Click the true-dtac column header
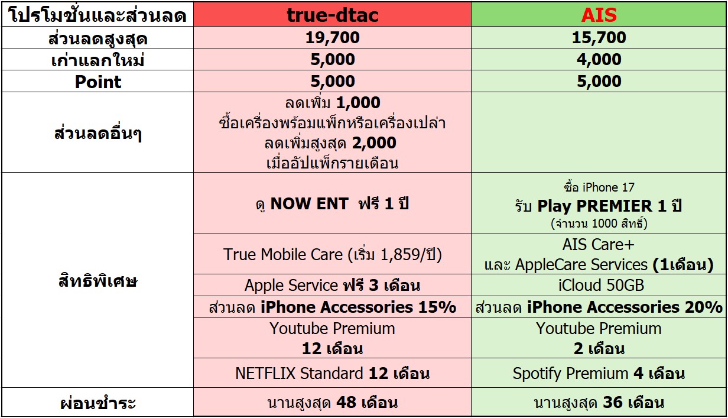(332, 15)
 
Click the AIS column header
(599, 15)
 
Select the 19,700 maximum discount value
(333, 37)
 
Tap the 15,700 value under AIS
(599, 37)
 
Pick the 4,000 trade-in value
(599, 59)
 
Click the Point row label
(98, 82)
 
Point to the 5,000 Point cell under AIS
(599, 81)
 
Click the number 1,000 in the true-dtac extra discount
(358, 103)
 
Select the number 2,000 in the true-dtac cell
(374, 143)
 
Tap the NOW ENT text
(310, 204)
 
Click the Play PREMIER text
(594, 206)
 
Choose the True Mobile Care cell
(333, 254)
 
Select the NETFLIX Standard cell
(333, 373)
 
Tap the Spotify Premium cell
(599, 373)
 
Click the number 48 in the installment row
(346, 403)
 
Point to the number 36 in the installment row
(613, 403)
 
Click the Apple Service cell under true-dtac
(333, 286)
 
